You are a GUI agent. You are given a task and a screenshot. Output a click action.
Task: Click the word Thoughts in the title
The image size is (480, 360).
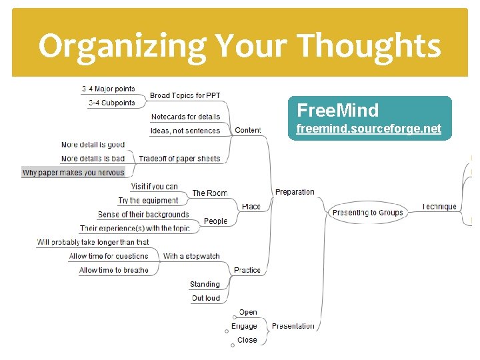tap(368, 46)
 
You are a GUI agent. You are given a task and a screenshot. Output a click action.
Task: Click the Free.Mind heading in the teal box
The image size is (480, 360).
tap(337, 110)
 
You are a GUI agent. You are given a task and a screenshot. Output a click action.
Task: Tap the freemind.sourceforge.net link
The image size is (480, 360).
tap(369, 129)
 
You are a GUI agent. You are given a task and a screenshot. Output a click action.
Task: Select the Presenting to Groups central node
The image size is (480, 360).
tap(368, 213)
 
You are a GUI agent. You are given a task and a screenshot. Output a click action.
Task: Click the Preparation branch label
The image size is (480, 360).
tap(295, 192)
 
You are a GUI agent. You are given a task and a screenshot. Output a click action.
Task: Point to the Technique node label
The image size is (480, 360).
tap(439, 207)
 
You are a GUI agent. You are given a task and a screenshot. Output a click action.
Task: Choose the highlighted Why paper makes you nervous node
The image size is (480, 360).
tap(73, 172)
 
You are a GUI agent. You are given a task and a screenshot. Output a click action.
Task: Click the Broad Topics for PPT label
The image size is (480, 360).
tap(185, 96)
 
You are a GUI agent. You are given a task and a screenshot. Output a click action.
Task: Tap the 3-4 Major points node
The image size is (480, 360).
tap(109, 89)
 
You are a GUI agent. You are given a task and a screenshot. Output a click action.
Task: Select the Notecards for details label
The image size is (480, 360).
tap(185, 117)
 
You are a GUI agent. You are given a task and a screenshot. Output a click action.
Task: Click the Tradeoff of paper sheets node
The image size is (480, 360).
tap(179, 159)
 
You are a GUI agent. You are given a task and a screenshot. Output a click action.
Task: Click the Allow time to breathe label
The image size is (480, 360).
tap(114, 270)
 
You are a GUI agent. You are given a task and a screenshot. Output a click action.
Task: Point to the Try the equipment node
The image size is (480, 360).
tap(148, 200)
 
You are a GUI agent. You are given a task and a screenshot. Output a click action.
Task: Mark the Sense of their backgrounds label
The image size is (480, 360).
tap(143, 215)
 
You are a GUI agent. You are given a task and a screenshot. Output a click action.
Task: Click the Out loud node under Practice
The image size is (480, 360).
tap(205, 298)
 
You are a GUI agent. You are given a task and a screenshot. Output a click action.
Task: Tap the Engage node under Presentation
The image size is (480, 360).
tap(244, 326)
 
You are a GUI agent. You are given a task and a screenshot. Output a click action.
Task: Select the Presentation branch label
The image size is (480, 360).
tap(293, 326)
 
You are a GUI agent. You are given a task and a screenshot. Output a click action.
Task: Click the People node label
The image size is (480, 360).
tap(215, 221)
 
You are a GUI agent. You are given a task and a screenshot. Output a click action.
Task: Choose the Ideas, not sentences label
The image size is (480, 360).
tap(185, 131)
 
